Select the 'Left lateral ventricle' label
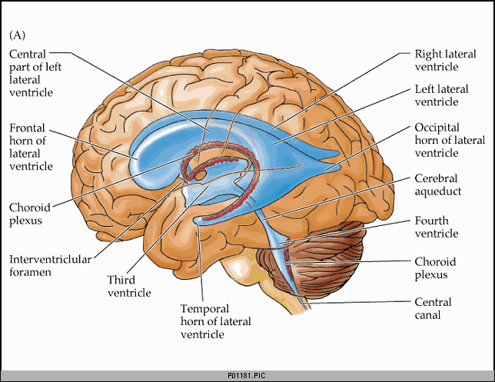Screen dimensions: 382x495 [x=441, y=95]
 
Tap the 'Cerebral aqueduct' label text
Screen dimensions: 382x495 [x=437, y=184]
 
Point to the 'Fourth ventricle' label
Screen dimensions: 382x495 [x=437, y=227]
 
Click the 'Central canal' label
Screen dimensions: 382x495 [x=433, y=308]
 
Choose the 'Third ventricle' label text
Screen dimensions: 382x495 [x=130, y=285]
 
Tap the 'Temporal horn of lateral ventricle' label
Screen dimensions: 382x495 [x=216, y=321]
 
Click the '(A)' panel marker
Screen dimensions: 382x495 [x=17, y=35]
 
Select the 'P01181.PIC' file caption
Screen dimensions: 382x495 [x=247, y=376]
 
